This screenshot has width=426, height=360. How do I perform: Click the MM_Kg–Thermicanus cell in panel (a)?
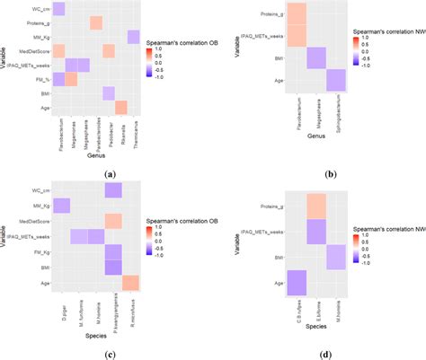133,36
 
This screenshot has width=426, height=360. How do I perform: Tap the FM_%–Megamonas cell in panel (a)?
71,79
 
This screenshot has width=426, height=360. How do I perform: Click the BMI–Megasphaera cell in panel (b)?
315,57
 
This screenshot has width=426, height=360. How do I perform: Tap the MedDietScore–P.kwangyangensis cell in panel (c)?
113,221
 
